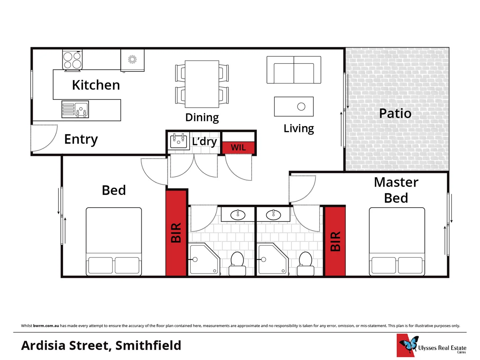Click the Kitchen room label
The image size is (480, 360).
96,85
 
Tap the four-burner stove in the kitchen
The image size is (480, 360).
72,60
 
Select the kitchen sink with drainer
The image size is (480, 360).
75,110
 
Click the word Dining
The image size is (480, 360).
202,117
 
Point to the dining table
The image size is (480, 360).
202,84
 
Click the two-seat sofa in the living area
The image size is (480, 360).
294,70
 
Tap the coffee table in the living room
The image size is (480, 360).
294,107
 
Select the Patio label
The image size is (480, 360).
395,113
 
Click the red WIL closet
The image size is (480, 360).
238,147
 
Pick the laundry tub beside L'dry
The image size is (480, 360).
178,141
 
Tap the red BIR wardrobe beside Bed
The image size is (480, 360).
176,233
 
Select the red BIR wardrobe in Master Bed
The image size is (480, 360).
335,241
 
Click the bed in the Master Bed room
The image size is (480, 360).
397,242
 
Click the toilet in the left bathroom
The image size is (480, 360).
237,263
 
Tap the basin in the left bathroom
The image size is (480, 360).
238,215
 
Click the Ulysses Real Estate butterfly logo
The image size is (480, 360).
409,345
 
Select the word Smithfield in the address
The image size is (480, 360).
148,345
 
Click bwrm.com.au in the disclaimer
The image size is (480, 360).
46,326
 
